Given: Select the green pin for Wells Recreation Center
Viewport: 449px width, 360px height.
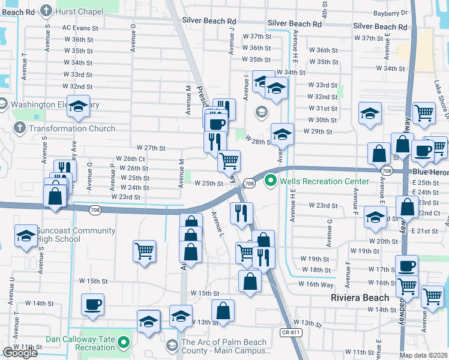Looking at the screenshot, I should [271, 179].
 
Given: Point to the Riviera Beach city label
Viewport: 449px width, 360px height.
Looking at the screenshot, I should [359, 298].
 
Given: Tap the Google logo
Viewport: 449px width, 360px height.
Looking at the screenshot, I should [20, 353].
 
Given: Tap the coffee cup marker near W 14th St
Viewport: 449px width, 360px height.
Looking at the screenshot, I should [93, 305].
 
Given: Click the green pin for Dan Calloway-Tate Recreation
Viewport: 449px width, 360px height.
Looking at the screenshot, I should [124, 343].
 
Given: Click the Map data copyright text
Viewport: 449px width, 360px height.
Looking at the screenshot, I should [424, 355].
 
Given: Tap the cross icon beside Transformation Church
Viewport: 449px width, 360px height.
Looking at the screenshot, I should [19, 128].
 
